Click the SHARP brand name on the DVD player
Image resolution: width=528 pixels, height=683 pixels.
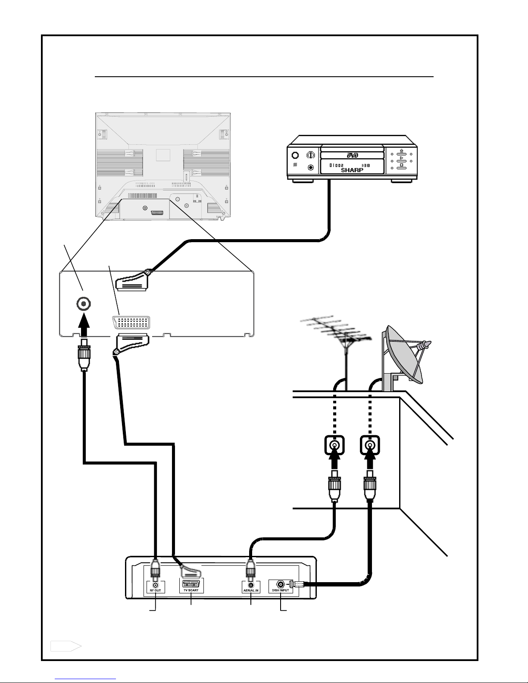tap(352, 170)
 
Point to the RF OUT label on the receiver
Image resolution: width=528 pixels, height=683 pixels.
tap(155, 590)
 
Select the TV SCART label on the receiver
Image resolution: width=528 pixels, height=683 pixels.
tap(191, 590)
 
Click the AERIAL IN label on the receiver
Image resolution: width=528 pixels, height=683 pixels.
tap(250, 590)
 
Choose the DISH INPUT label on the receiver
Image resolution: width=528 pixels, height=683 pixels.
tap(281, 590)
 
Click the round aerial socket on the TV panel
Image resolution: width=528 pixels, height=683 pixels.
tap(83, 305)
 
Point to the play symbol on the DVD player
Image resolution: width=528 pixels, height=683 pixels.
tap(401, 158)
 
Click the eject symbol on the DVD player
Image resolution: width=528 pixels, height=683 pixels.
tap(401, 151)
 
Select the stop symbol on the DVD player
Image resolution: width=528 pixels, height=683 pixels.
tap(401, 165)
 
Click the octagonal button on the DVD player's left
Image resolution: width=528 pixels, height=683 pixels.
tap(309, 155)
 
